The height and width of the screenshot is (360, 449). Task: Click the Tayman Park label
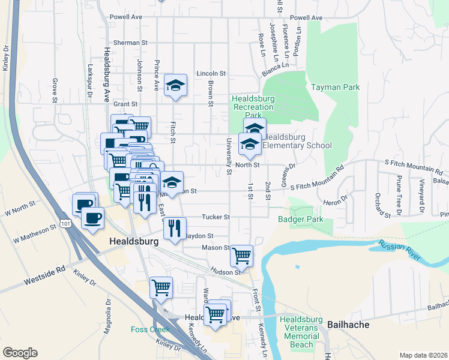click(x=335, y=88)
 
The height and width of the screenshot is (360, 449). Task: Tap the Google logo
click(x=20, y=353)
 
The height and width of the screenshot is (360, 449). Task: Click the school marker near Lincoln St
click(x=176, y=86)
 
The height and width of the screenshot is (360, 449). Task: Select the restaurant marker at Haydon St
click(x=175, y=227)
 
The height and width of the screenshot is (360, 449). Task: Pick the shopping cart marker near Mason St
click(x=241, y=255)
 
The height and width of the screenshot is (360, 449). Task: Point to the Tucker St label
click(x=219, y=217)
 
